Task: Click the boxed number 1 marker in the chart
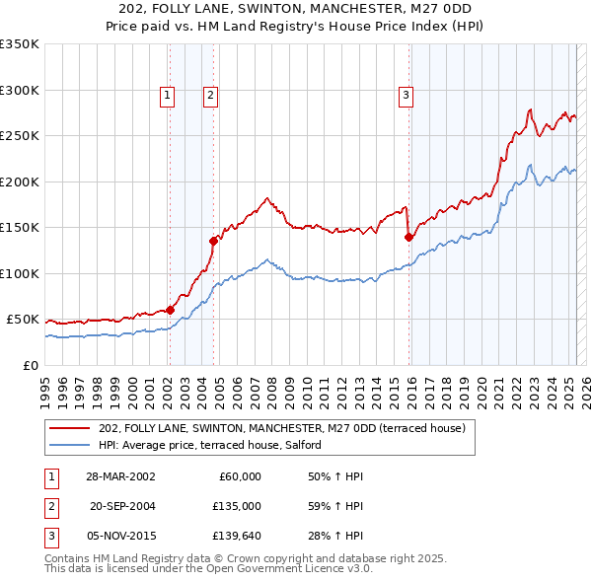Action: (168, 96)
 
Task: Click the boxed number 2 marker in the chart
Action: (211, 96)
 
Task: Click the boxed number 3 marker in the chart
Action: (406, 96)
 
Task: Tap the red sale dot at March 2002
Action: (170, 310)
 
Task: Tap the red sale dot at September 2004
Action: (213, 240)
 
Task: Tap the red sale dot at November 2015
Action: (408, 236)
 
